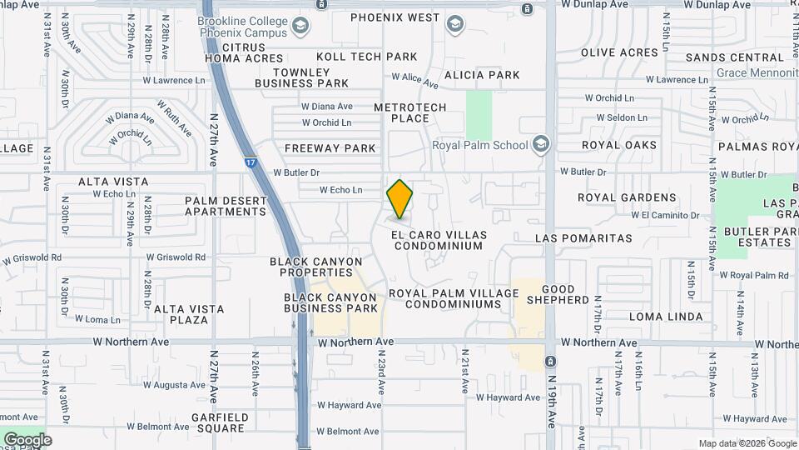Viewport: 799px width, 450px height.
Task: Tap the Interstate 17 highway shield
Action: tap(251, 162)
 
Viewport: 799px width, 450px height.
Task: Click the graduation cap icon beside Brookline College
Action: tap(300, 26)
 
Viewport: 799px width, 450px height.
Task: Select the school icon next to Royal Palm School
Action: tap(542, 145)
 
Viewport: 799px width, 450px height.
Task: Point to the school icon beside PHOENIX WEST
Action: tap(454, 23)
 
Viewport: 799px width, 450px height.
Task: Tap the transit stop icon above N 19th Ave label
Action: tap(550, 361)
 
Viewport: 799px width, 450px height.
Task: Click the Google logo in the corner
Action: tap(27, 439)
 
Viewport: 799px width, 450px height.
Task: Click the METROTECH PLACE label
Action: tap(409, 112)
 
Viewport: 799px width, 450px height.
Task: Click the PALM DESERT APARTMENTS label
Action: tap(226, 206)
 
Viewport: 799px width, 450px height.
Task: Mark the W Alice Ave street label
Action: tap(414, 80)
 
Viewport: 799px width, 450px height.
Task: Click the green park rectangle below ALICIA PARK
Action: tap(479, 115)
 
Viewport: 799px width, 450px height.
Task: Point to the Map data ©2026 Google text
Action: tap(747, 443)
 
